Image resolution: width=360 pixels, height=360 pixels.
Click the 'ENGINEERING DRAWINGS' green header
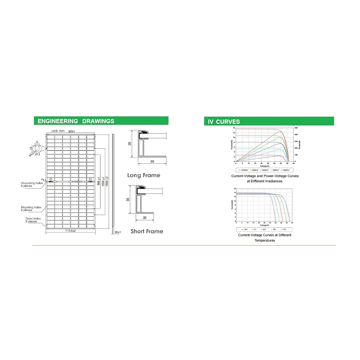pyautogui.click(x=76, y=121)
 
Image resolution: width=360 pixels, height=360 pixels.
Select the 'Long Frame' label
pyautogui.click(x=144, y=175)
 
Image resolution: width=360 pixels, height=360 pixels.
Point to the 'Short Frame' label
pyautogui.click(x=147, y=231)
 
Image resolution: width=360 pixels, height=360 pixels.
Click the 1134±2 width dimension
pyautogui.click(x=70, y=231)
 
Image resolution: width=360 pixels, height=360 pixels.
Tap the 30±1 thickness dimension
pyautogui.click(x=117, y=233)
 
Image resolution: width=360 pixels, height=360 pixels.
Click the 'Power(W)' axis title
pyautogui.click(x=300, y=144)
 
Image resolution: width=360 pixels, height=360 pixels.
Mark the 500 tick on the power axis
pyautogui.click(x=296, y=128)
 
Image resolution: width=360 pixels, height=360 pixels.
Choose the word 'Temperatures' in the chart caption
pyautogui.click(x=265, y=240)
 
